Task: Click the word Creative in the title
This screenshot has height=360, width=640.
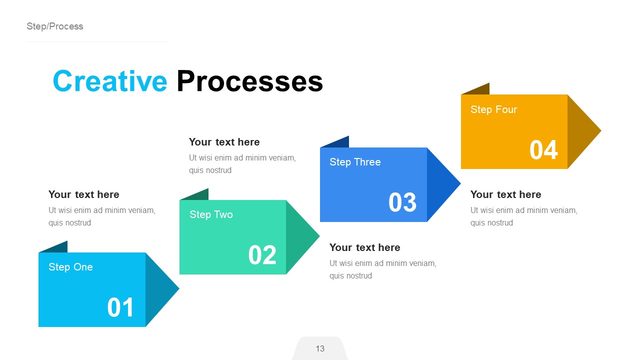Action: (x=109, y=81)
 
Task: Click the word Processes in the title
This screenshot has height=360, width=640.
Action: (x=249, y=81)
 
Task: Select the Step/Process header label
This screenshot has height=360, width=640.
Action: (x=55, y=26)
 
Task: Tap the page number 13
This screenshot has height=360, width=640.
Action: (x=320, y=348)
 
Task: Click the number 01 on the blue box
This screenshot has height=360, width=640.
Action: (x=120, y=307)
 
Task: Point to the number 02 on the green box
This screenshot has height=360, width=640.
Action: (x=262, y=255)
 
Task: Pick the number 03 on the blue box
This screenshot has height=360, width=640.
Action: (x=402, y=202)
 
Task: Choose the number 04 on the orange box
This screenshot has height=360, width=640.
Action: (x=543, y=149)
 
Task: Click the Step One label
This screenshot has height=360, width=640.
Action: (x=70, y=267)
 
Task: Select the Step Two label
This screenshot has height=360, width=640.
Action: (x=211, y=214)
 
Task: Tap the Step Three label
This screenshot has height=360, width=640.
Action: (x=355, y=162)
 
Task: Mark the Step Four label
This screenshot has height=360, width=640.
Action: (x=493, y=109)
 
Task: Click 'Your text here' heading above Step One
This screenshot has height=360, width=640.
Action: (x=84, y=194)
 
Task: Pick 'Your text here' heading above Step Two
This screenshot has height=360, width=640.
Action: (x=224, y=142)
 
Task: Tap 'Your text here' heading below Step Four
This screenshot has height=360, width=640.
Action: (x=505, y=194)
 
